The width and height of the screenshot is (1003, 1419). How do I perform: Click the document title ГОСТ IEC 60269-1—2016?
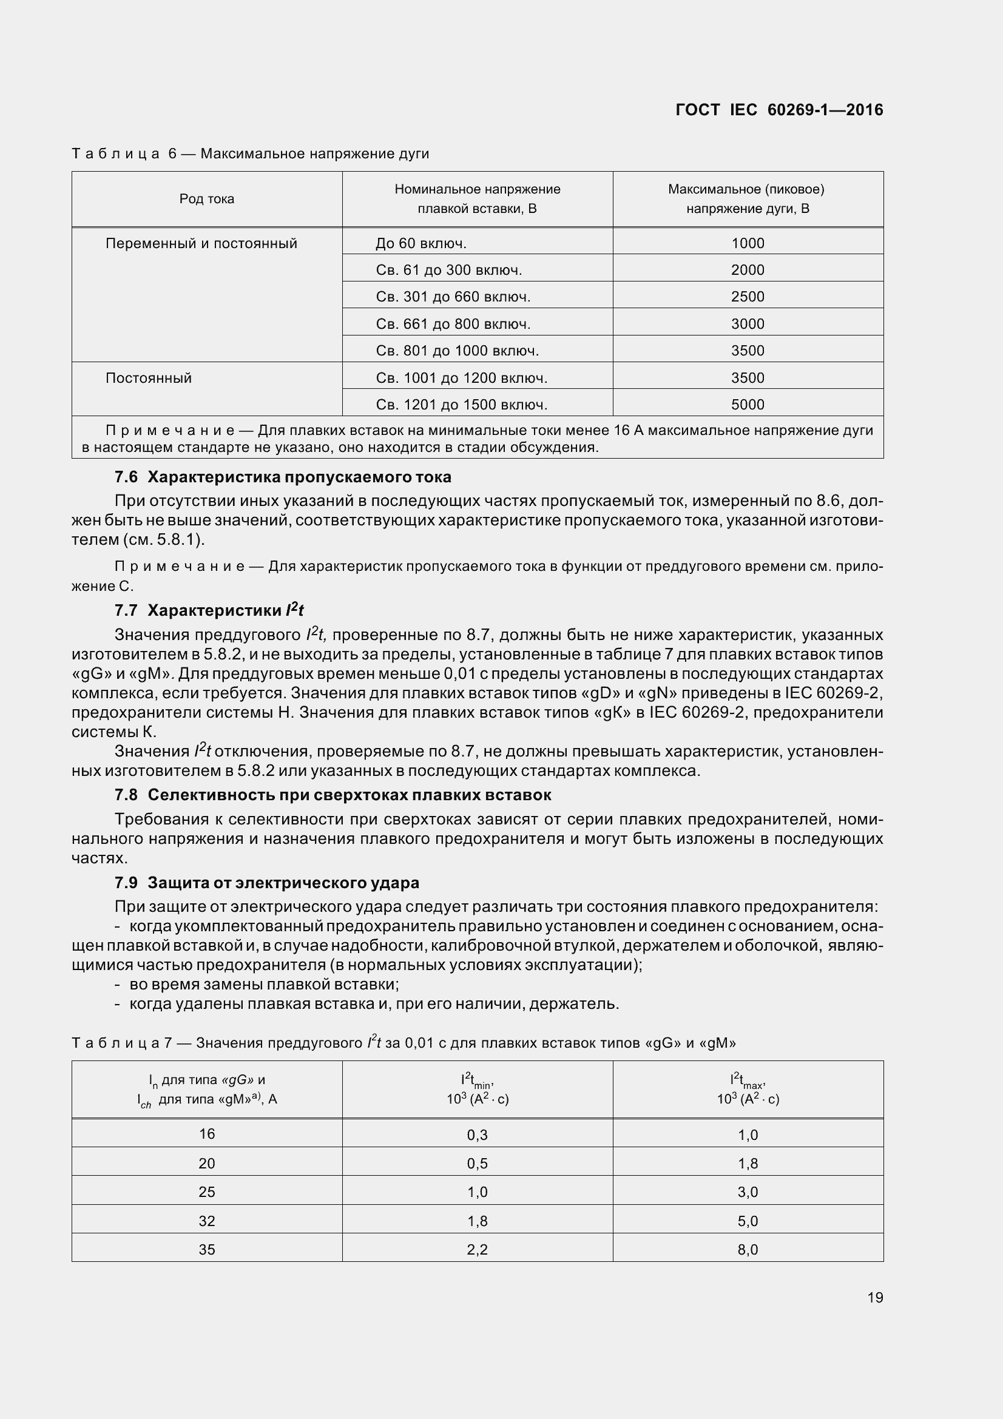pyautogui.click(x=778, y=110)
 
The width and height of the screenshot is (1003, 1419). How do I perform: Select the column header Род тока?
pyautogui.click(x=206, y=199)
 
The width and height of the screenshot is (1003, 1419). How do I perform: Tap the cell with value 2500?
pyautogui.click(x=747, y=297)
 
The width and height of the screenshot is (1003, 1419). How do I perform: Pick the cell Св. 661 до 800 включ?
pyautogui.click(x=453, y=324)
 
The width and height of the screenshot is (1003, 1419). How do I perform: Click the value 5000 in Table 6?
pyautogui.click(x=747, y=405)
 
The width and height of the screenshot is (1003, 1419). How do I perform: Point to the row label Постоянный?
pyautogui.click(x=148, y=377)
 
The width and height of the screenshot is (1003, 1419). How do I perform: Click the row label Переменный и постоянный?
pyautogui.click(x=201, y=243)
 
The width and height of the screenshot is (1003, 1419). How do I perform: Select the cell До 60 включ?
pyautogui.click(x=420, y=243)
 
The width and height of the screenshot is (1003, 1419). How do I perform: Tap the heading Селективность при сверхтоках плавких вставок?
pyautogui.click(x=349, y=795)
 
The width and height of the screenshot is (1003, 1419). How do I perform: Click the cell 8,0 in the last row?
pyautogui.click(x=747, y=1250)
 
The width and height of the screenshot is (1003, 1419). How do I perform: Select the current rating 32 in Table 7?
pyautogui.click(x=206, y=1221)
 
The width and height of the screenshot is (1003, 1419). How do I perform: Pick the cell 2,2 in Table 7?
pyautogui.click(x=477, y=1250)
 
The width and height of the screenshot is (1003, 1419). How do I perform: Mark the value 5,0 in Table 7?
pyautogui.click(x=747, y=1221)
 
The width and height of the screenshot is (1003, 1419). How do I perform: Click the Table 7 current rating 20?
pyautogui.click(x=206, y=1163)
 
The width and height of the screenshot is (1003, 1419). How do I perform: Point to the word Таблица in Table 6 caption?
pyautogui.click(x=115, y=153)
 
